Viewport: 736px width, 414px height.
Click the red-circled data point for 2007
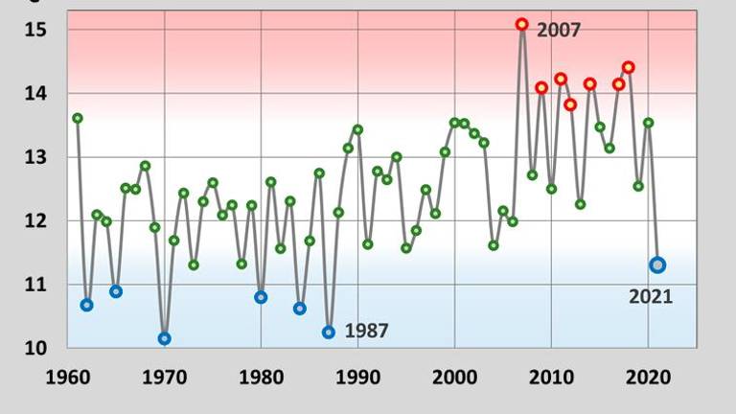click(522, 24)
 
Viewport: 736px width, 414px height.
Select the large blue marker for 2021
click(657, 264)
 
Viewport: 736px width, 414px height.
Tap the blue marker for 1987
click(329, 332)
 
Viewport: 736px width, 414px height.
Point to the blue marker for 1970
click(164, 338)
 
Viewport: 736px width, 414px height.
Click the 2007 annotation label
click(559, 30)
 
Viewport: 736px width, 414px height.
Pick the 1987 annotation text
click(366, 332)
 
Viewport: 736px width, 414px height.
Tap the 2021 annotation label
click(651, 297)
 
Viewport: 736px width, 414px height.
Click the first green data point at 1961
click(78, 118)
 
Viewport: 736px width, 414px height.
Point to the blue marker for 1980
click(261, 297)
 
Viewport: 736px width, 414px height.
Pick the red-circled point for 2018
click(629, 67)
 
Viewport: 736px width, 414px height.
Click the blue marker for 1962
click(87, 305)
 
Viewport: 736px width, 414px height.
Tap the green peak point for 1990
click(357, 129)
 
